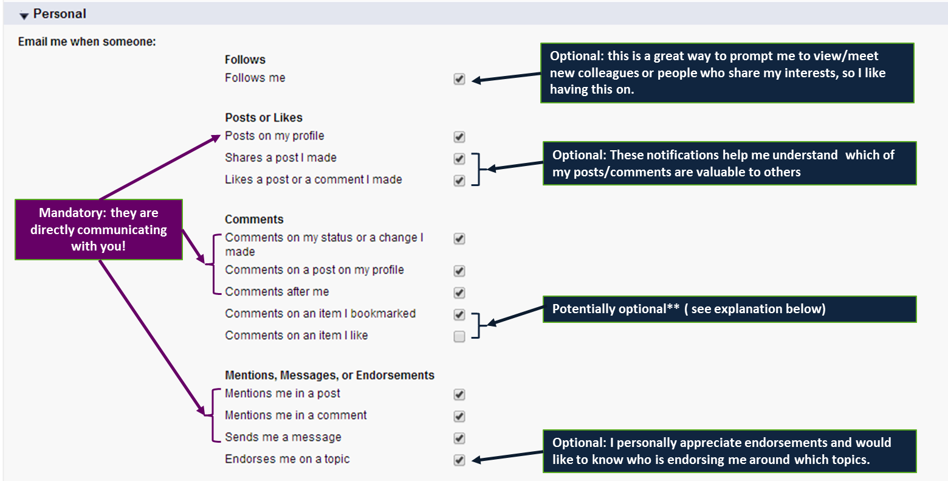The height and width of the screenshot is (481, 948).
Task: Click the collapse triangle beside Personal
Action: coord(24,16)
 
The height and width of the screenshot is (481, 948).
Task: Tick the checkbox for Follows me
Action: coord(459,79)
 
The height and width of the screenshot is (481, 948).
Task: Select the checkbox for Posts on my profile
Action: coord(459,137)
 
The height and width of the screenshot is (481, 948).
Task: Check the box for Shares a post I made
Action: coord(459,159)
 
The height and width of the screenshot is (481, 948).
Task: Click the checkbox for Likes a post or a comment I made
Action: coord(459,181)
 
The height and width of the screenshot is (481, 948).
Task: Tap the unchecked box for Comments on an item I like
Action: coord(459,337)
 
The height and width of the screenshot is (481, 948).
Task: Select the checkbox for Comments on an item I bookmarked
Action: coord(459,314)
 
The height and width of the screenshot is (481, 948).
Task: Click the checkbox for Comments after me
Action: coord(459,292)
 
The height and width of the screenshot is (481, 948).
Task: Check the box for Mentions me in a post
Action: coord(459,395)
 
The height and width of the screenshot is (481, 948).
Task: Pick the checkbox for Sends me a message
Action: coord(459,438)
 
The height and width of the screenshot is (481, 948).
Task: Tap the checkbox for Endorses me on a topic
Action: coord(459,460)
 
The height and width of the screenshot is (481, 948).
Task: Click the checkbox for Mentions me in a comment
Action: coord(459,417)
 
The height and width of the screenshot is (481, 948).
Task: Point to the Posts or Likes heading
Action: coord(264,118)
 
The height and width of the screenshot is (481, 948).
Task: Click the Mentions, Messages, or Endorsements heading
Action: coord(330,375)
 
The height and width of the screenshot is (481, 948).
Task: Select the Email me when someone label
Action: coord(87,41)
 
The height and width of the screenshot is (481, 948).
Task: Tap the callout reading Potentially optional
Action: coord(730,309)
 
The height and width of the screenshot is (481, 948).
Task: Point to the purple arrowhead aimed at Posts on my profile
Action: coord(215,138)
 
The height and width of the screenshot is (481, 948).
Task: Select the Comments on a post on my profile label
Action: coord(314,270)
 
